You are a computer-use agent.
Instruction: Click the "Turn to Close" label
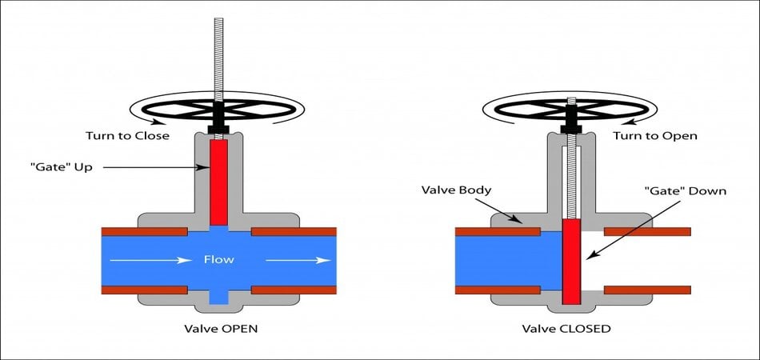click(x=128, y=135)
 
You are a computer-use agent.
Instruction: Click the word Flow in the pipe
click(x=218, y=259)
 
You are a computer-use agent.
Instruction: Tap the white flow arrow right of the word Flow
click(x=296, y=259)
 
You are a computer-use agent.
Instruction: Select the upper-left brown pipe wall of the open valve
click(x=144, y=232)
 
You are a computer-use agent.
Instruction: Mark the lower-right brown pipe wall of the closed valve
click(x=646, y=289)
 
